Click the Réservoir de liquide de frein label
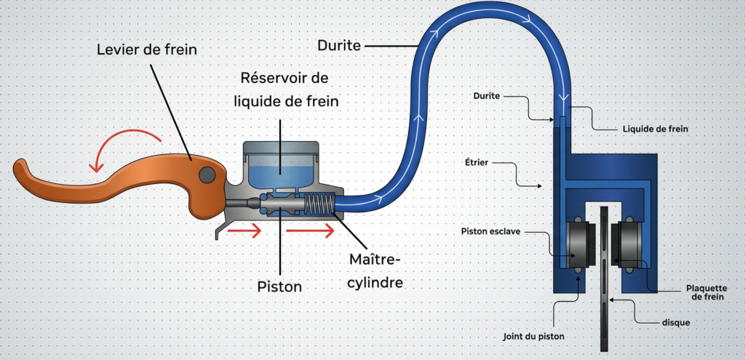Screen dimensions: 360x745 coord(286,89)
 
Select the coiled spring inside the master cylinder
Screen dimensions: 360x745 coord(319,204)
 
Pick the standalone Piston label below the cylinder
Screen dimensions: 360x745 coord(279,287)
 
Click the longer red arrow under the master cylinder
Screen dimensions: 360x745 coord(309,231)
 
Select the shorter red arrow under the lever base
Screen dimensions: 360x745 coord(244,231)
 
